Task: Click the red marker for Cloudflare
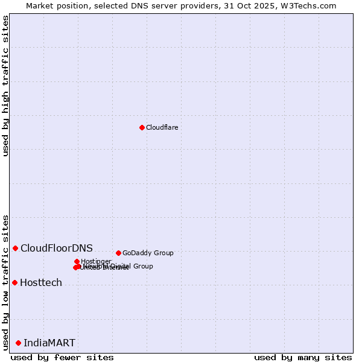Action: point(142,127)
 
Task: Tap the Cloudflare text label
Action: point(162,127)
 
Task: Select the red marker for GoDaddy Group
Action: point(118,253)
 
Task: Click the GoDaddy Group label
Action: point(148,253)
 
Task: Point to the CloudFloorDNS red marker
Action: point(16,248)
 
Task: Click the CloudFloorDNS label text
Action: point(57,248)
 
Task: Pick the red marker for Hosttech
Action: point(14,282)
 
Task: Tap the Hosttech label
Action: point(41,282)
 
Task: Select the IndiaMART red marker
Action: point(18,343)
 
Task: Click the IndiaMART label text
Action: point(49,343)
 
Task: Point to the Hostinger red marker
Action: point(77,261)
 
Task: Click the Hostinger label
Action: point(96,261)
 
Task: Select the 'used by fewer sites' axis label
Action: point(62,357)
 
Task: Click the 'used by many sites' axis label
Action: point(303,357)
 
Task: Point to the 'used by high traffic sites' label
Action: point(5,86)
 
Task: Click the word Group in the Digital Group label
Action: point(142,266)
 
